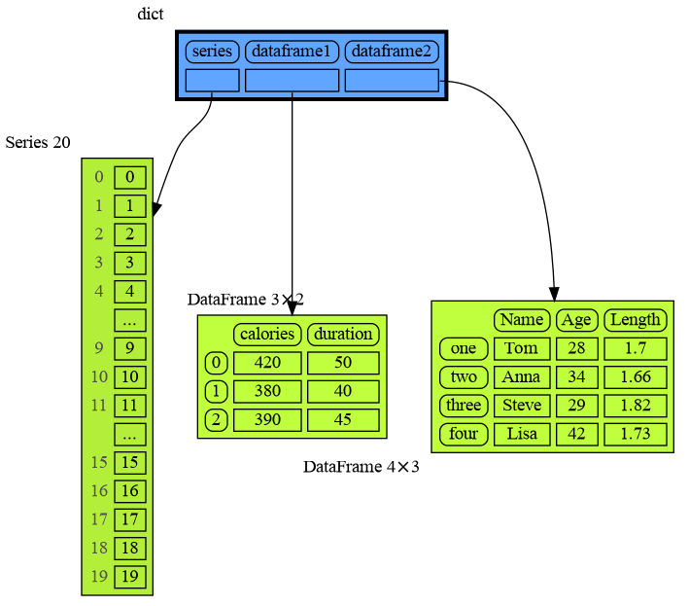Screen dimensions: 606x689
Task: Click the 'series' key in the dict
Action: pos(212,51)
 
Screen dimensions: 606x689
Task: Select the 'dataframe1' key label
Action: pos(292,51)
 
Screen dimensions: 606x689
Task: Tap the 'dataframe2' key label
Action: pos(392,51)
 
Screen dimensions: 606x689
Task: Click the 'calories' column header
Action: pos(267,334)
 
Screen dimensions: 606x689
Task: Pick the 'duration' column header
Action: pos(343,334)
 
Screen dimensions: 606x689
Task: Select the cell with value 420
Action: pos(267,363)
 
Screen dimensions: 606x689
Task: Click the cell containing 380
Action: pos(267,391)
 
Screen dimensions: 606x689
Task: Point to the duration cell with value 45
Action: pos(343,420)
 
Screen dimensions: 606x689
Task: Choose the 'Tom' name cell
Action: pos(522,348)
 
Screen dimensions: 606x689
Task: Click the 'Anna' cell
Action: pos(522,376)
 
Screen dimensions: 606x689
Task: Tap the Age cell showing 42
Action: pos(576,433)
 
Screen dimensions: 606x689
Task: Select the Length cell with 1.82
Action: pos(635,405)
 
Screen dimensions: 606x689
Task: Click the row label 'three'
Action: pos(464,405)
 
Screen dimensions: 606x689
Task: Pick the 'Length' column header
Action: pos(635,319)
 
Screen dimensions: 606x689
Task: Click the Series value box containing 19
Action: pos(130,577)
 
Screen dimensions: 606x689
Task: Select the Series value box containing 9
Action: pos(130,348)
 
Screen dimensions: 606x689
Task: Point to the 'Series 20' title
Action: pos(38,142)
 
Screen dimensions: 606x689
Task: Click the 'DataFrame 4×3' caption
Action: pos(361,467)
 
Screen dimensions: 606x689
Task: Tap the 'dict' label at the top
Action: pos(151,14)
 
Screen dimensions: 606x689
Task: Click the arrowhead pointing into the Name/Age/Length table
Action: pos(554,294)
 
